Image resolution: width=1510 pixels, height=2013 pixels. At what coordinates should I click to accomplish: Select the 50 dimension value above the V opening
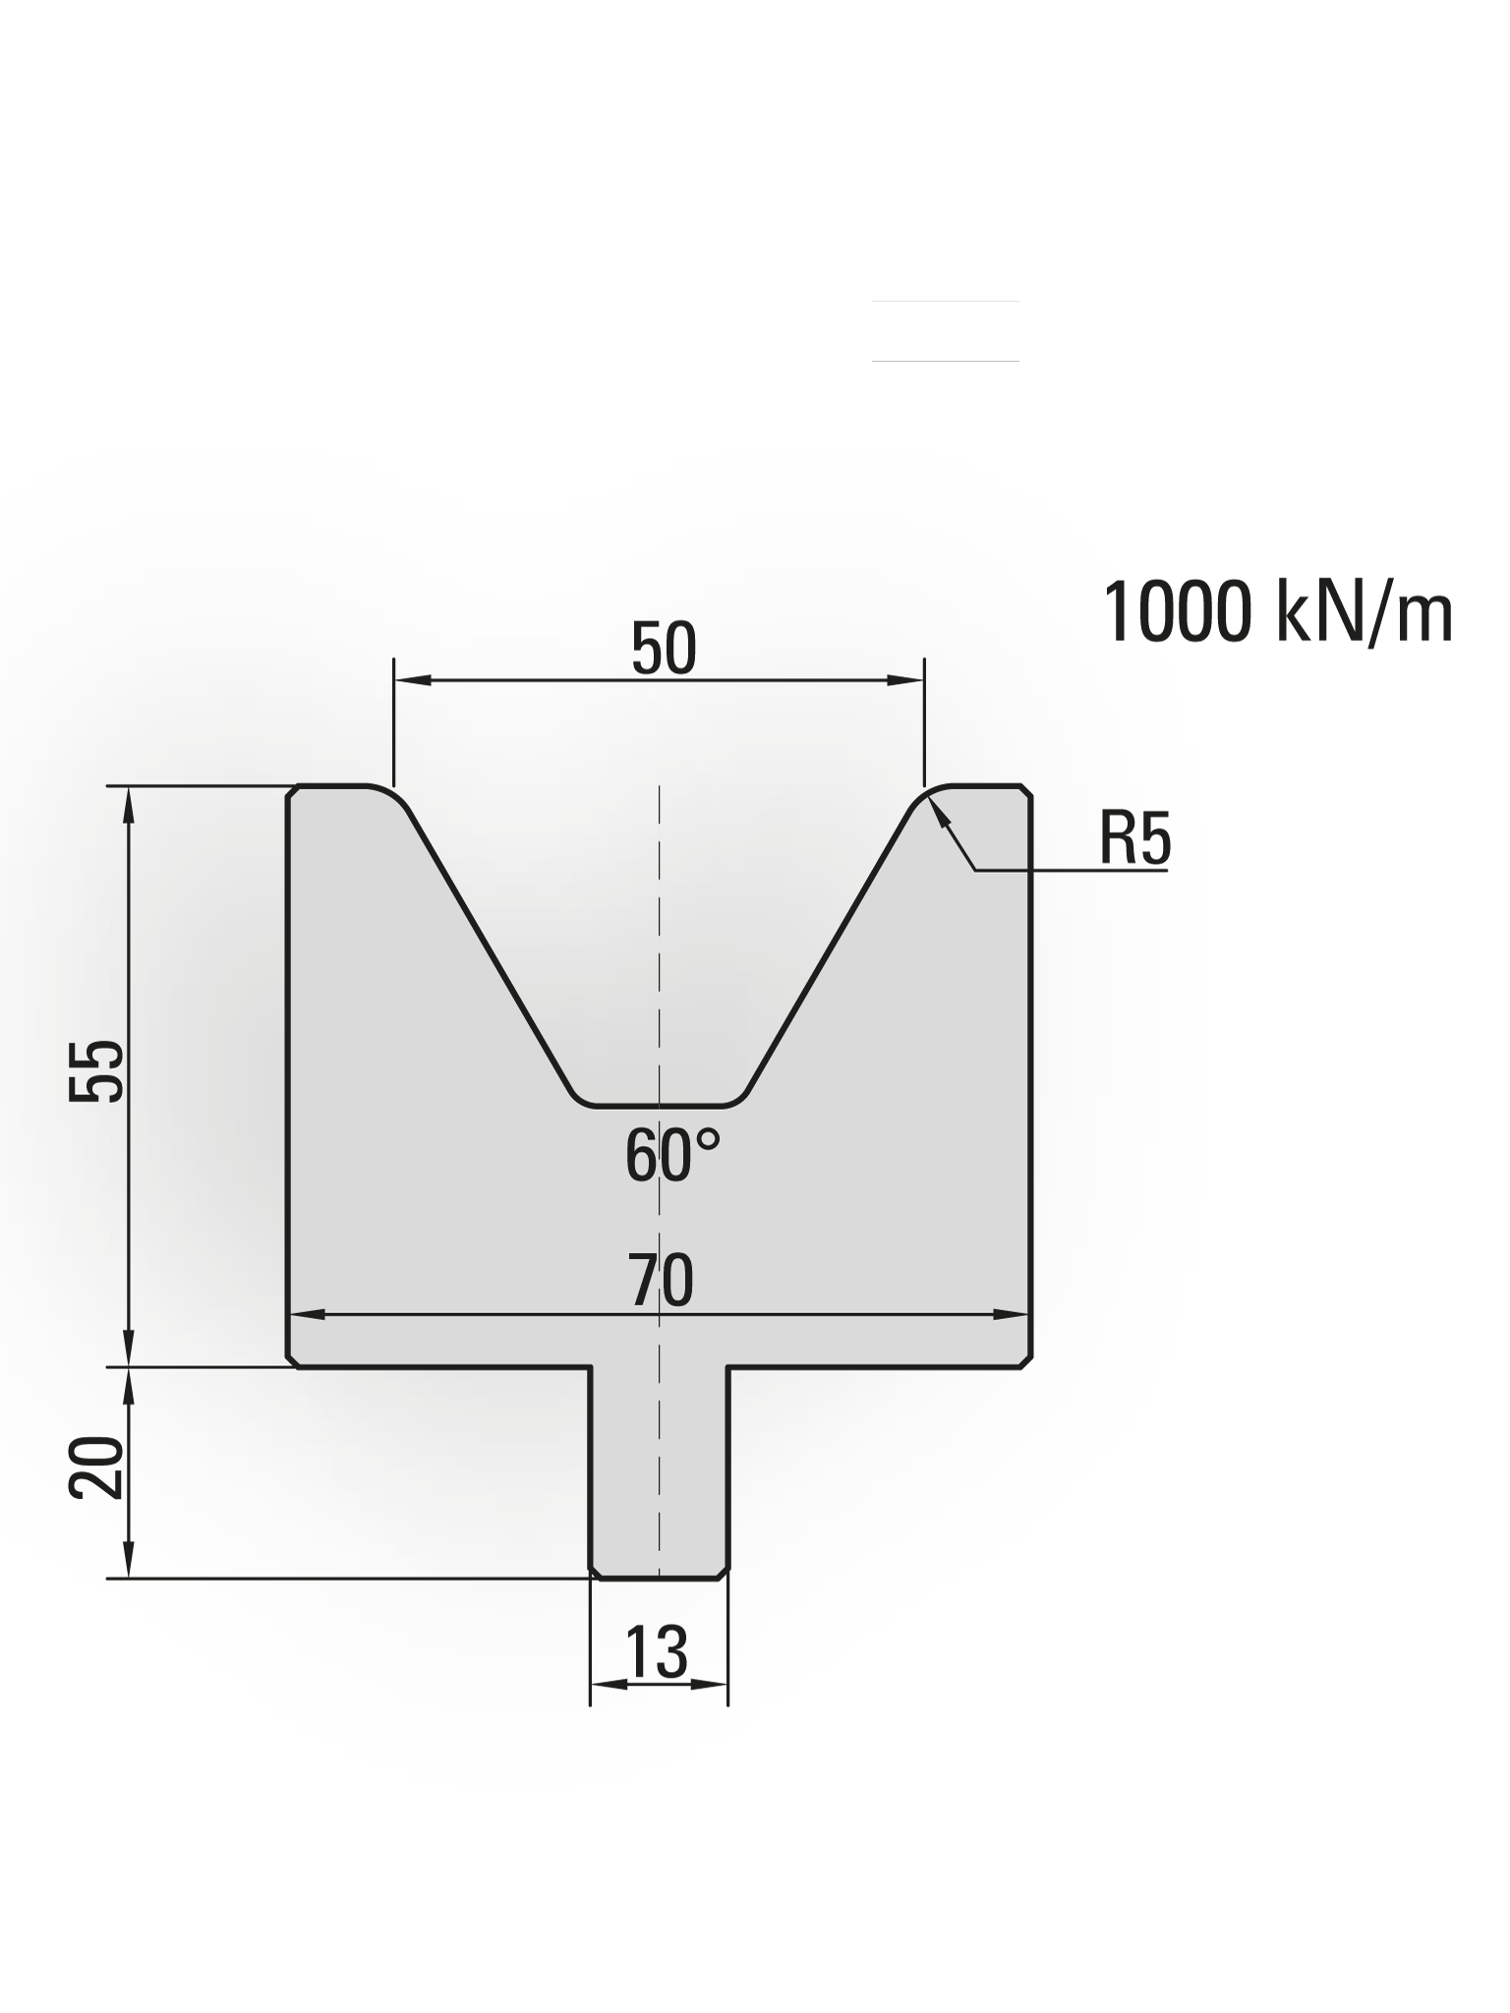[x=664, y=649]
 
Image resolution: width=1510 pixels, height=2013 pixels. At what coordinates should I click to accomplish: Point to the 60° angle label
[x=672, y=1156]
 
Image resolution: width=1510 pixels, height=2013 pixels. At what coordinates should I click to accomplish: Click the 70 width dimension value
[x=661, y=1281]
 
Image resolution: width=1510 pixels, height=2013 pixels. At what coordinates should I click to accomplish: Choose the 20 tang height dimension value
[x=97, y=1467]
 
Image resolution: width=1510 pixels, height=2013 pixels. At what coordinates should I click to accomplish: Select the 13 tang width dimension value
[x=656, y=1652]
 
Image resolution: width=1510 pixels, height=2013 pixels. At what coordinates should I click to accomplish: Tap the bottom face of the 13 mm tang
[x=659, y=1579]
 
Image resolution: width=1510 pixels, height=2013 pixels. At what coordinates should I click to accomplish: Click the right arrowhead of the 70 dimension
[x=1013, y=1314]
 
